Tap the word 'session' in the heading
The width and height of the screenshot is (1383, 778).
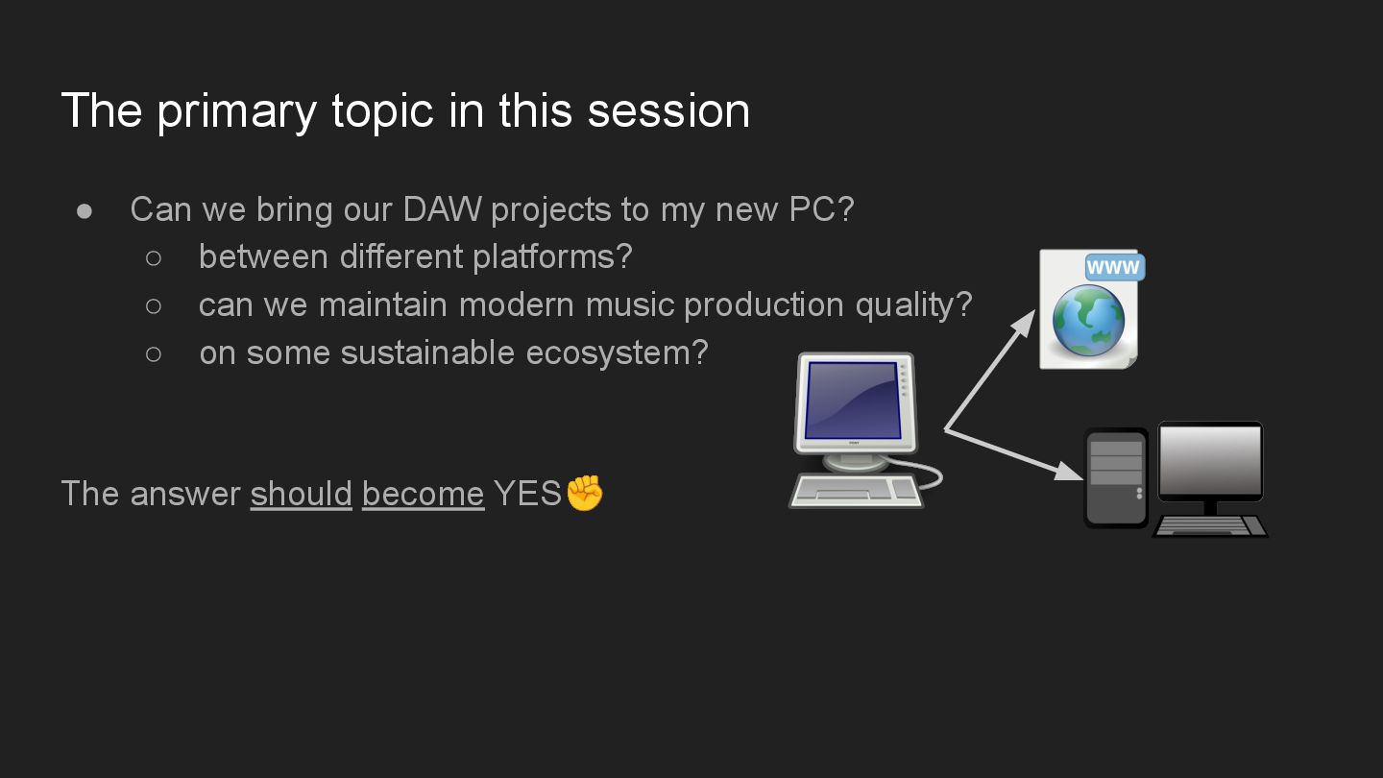(x=668, y=110)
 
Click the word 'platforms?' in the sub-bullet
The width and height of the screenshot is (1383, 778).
(x=552, y=257)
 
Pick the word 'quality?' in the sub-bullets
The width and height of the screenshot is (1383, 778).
(x=913, y=306)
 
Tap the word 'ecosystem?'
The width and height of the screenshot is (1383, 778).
(x=617, y=354)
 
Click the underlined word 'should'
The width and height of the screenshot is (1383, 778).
(x=301, y=494)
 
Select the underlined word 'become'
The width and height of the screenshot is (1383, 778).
(x=423, y=494)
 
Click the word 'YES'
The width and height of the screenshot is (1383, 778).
(x=527, y=494)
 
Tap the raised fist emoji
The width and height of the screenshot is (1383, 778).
(x=585, y=493)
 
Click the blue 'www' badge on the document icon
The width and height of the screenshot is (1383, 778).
(x=1115, y=267)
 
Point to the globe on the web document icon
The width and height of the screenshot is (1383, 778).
(x=1088, y=321)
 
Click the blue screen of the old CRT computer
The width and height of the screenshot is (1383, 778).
(x=853, y=401)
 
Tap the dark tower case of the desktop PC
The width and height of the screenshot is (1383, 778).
(x=1116, y=478)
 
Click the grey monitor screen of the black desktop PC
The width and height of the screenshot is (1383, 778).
(x=1210, y=461)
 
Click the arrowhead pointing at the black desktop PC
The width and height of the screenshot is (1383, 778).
(x=1069, y=471)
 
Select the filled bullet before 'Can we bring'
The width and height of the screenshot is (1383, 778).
(x=84, y=211)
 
